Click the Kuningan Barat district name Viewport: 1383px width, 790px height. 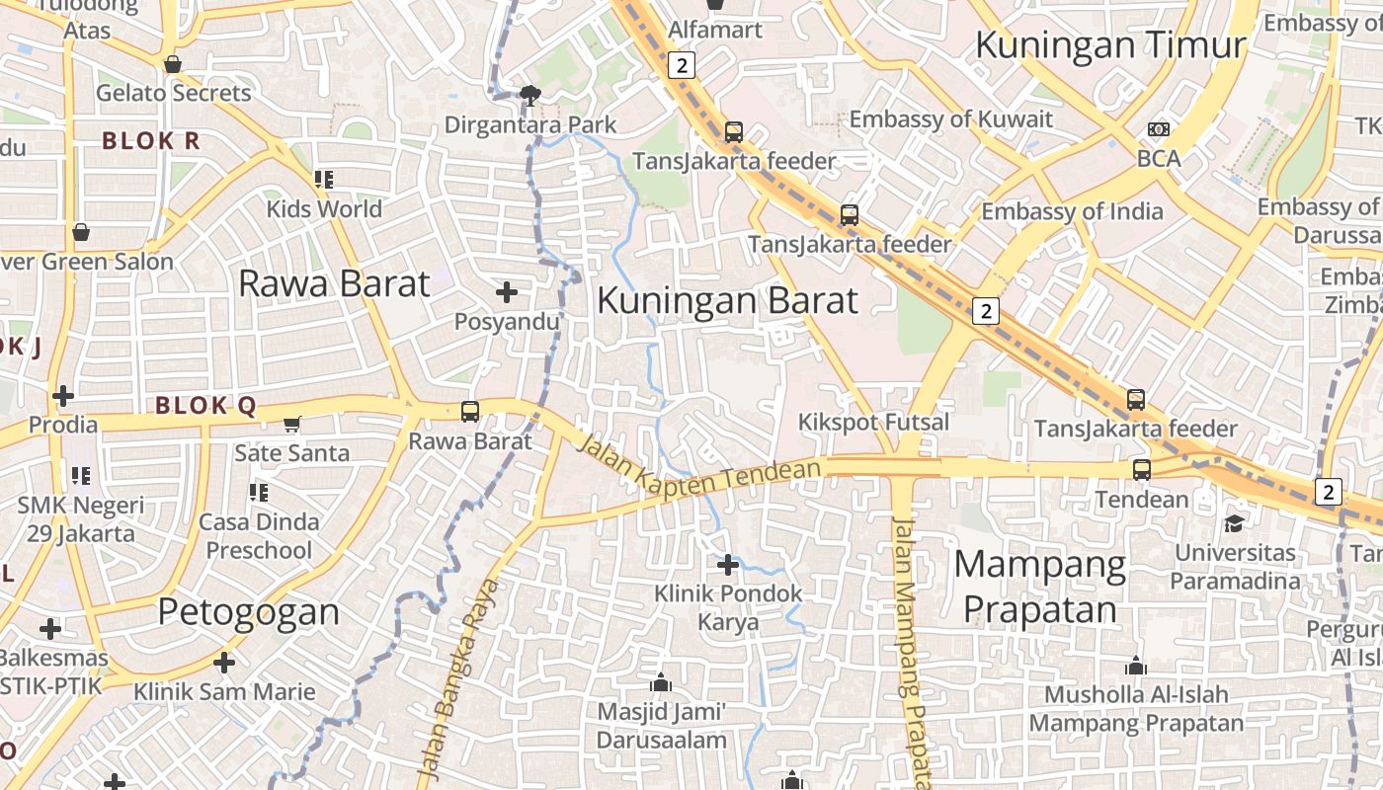pos(727,300)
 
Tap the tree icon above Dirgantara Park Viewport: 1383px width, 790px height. pos(530,95)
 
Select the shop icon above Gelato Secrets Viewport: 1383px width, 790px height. pos(173,64)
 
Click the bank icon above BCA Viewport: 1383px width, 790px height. pos(1158,129)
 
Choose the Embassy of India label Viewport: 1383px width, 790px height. pos(1072,211)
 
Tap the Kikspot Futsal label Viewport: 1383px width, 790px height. pos(873,423)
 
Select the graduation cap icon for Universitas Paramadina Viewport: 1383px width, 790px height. pos(1235,522)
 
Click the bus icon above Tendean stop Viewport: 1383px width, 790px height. pos(1142,469)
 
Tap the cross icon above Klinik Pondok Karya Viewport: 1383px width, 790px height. pos(728,565)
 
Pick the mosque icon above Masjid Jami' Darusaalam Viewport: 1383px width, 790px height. pos(661,682)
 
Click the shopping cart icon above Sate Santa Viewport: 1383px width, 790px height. pos(291,424)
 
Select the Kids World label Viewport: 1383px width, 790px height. pos(324,209)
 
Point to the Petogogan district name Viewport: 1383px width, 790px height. pos(249,612)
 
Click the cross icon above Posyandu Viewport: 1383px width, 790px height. pos(506,292)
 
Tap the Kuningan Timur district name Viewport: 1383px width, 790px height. pos(1110,45)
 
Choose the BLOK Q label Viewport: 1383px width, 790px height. pos(205,406)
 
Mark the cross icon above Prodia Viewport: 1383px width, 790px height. pos(63,396)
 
